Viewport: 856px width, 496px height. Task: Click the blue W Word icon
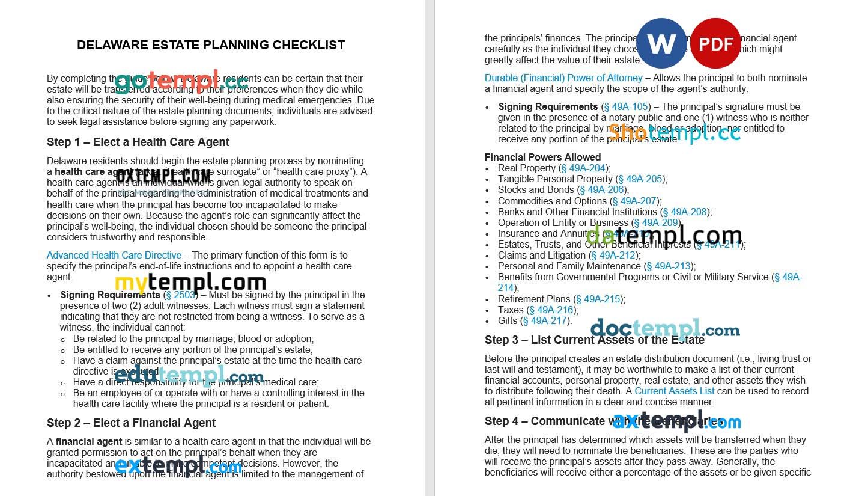click(x=661, y=43)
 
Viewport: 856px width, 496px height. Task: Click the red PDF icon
click(x=715, y=43)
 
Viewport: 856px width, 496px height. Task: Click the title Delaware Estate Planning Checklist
click(x=211, y=45)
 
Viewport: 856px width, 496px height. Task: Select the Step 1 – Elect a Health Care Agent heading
click(x=138, y=142)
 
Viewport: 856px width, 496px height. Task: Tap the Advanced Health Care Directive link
click(x=114, y=256)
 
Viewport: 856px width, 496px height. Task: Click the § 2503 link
click(x=180, y=295)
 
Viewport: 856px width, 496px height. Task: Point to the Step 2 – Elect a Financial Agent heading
click(x=132, y=423)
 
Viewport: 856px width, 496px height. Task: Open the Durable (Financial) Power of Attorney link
click(x=563, y=78)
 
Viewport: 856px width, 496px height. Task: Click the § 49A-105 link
click(x=626, y=107)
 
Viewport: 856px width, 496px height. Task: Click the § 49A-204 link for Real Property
click(x=583, y=168)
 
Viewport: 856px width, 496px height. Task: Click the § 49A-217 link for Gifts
click(x=546, y=321)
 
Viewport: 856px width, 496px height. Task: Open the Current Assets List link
click(x=675, y=391)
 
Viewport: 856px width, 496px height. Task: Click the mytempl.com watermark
click(x=190, y=283)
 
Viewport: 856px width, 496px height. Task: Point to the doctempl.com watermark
click(x=665, y=329)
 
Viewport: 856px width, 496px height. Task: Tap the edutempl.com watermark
click(x=189, y=376)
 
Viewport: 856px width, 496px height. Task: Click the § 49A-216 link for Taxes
click(x=551, y=310)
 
